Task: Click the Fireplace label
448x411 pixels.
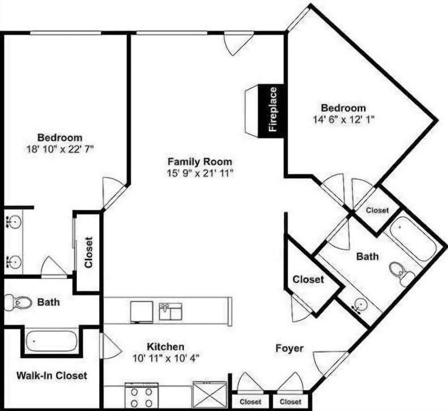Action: coord(273,109)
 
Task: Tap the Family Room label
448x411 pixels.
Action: coord(200,162)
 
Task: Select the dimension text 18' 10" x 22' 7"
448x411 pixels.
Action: coord(60,149)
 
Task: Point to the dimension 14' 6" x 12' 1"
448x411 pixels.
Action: coord(344,119)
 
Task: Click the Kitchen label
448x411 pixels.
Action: coord(165,346)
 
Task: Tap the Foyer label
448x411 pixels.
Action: coord(289,348)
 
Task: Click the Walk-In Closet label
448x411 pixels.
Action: coord(52,376)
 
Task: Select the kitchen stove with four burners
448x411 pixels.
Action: coord(142,396)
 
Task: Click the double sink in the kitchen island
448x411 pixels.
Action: coord(171,311)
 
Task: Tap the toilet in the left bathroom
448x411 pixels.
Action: coord(18,302)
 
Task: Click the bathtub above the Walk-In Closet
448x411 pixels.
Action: coord(52,341)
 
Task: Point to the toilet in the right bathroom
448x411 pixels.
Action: coord(402,273)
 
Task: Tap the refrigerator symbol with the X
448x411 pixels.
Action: coord(210,395)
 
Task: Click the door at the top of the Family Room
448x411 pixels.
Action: coord(239,44)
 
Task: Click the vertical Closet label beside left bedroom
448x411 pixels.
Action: coord(89,252)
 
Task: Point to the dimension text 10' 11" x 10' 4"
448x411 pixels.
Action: coord(166,358)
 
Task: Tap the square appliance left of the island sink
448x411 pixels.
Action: coord(142,312)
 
